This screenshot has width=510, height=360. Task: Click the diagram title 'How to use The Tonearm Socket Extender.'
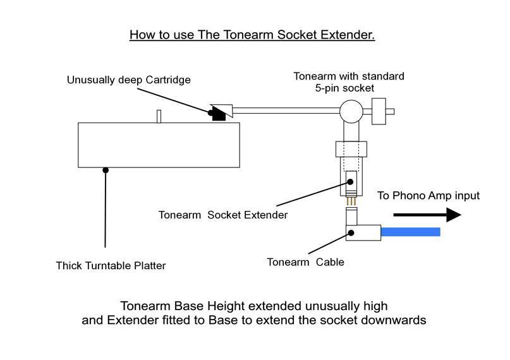point(252,35)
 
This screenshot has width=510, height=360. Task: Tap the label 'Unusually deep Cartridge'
point(128,80)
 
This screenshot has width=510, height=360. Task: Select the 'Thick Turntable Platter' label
point(111,265)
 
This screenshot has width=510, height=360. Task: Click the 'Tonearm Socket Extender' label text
point(223,215)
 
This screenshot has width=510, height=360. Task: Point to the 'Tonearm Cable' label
point(305,262)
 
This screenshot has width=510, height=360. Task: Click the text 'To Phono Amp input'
point(428,196)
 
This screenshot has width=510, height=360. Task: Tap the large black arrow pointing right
point(427,215)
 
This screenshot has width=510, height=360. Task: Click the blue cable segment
point(411,232)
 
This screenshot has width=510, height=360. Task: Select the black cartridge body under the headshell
point(219,116)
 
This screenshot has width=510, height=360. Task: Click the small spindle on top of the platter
point(159,116)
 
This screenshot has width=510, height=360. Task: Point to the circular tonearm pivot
point(351,111)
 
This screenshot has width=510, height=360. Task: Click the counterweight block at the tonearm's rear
point(379,111)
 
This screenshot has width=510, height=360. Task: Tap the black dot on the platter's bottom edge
point(106,170)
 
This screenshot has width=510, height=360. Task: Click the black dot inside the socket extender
point(350,182)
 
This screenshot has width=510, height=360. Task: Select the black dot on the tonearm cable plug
point(351,232)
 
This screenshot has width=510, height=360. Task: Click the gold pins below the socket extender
point(351,201)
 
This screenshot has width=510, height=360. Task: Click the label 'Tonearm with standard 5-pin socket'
point(348,82)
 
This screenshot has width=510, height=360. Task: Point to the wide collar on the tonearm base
point(351,149)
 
